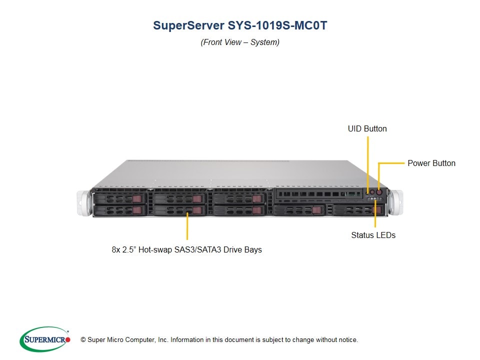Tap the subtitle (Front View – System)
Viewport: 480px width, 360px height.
pyautogui.click(x=240, y=42)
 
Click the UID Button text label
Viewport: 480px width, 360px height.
pyautogui.click(x=367, y=129)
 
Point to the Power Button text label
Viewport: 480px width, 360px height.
pyautogui.click(x=431, y=163)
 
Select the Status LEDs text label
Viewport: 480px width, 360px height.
pyautogui.click(x=373, y=235)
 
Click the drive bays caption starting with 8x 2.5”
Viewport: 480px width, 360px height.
pyautogui.click(x=186, y=249)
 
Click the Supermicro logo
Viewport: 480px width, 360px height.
pyautogui.click(x=45, y=339)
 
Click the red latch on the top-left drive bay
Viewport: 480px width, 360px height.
pyautogui.click(x=137, y=199)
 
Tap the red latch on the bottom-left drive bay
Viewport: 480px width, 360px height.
pyautogui.click(x=137, y=210)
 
